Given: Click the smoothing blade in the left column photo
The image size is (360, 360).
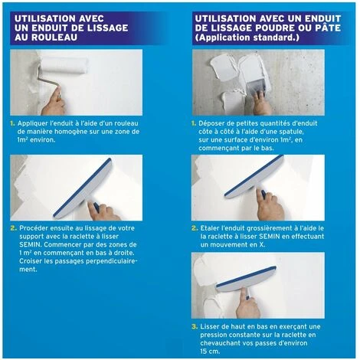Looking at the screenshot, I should pyautogui.click(x=84, y=181).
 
